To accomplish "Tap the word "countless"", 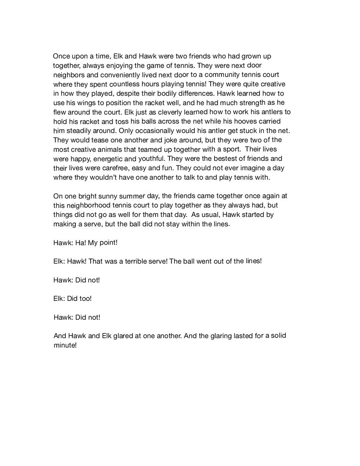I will point(124,84).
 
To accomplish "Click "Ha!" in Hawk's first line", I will point(80,243).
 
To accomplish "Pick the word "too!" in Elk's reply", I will point(84,299).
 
